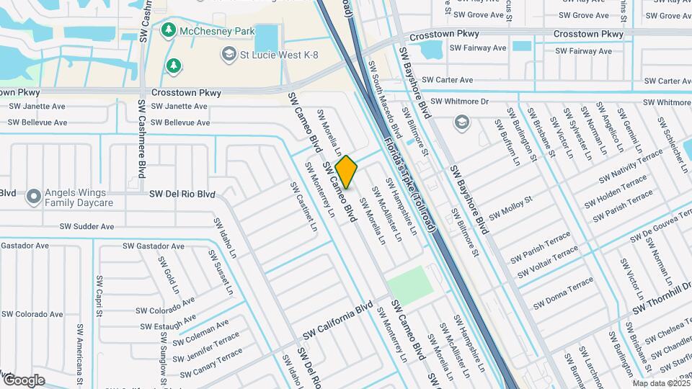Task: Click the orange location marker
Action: tap(346, 171)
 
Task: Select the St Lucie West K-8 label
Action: tap(280, 55)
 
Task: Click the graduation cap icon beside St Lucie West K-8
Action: tap(229, 54)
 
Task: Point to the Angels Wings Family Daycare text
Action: tap(79, 197)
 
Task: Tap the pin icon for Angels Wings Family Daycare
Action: tap(32, 196)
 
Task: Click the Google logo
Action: tap(23, 380)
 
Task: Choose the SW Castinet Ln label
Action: tap(303, 206)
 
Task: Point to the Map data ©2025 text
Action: tap(661, 383)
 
